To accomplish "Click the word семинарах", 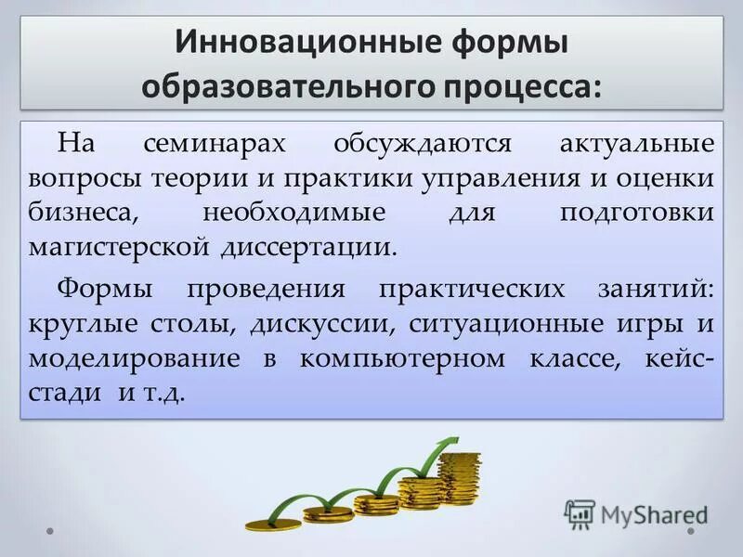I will [215, 144].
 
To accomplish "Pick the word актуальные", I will [637, 144].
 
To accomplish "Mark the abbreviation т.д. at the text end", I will [163, 393].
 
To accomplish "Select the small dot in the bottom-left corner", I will [50, 532].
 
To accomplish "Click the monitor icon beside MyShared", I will [580, 513].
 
